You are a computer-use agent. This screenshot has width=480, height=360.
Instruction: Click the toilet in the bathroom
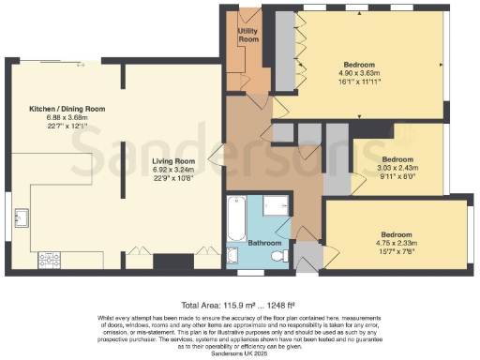pos(276,252)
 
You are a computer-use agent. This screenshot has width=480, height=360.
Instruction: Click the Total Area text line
pos(240,306)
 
